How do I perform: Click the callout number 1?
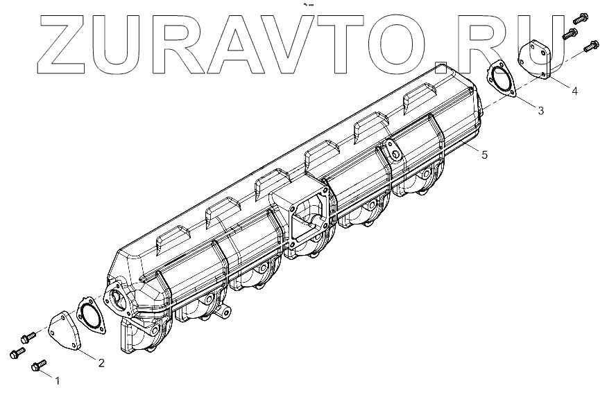coord(58,380)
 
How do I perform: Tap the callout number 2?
coord(101,363)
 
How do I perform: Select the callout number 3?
coord(541,111)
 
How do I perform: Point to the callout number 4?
coord(575,91)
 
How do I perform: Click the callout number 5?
coord(485,155)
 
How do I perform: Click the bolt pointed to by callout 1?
coord(39,366)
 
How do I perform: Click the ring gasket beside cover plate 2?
coord(91,315)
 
